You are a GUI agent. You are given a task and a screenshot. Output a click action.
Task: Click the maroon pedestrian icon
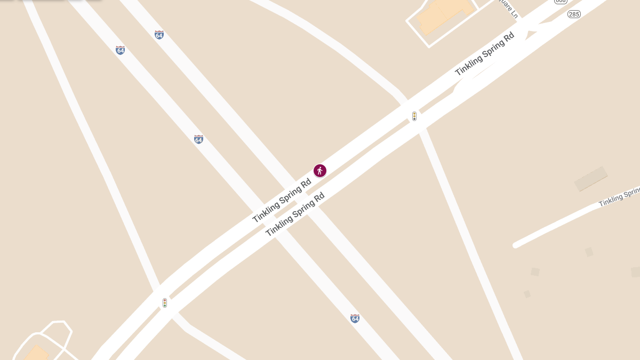[319, 171]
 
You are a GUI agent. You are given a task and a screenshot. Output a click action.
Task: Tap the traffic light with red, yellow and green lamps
[165, 303]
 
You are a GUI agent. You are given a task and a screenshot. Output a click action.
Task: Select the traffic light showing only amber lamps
[414, 116]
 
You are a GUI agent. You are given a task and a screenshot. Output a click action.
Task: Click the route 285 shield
[574, 14]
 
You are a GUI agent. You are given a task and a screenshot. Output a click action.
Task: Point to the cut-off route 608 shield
[560, 2]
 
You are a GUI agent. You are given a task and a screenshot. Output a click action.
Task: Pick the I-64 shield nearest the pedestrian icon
[198, 139]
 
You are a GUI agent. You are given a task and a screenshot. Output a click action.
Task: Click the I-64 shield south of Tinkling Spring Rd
[355, 318]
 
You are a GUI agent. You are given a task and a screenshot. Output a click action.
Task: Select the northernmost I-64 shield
[159, 35]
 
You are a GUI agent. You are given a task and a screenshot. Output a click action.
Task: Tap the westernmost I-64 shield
[121, 50]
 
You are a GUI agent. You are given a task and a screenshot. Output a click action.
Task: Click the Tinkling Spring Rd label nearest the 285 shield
[484, 54]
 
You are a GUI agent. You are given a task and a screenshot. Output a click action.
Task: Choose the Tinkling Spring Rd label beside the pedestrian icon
[282, 201]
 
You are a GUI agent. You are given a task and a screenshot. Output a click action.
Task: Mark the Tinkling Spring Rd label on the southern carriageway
[295, 214]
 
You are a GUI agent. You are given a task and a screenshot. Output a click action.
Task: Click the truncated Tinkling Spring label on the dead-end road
[619, 197]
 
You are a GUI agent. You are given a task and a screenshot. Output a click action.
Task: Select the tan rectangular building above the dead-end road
[590, 179]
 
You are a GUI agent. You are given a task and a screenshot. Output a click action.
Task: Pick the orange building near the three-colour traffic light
[35, 353]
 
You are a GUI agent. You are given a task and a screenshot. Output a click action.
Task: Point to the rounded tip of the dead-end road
[516, 245]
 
